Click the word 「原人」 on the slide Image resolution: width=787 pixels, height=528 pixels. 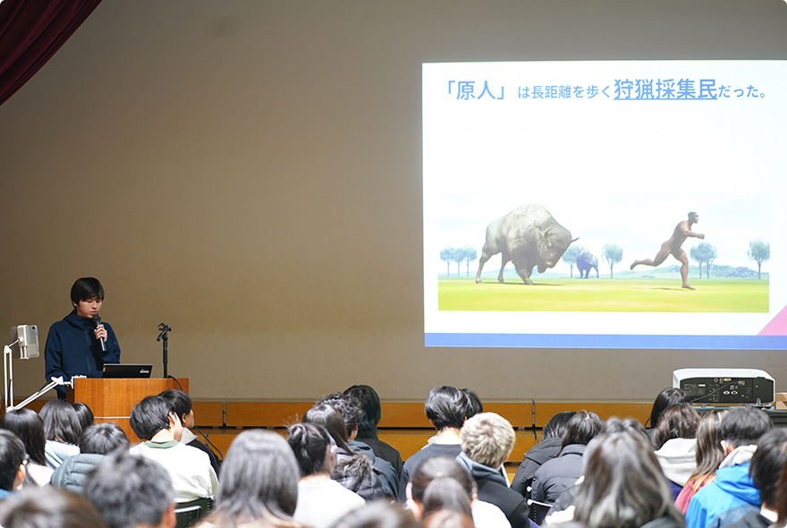click(475, 91)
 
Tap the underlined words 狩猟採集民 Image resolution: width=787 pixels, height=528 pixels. click(665, 89)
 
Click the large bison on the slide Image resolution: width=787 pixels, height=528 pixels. click(525, 243)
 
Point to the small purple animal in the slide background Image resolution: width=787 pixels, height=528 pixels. click(587, 265)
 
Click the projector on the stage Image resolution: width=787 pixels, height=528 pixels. click(724, 387)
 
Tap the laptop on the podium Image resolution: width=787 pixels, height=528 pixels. click(126, 370)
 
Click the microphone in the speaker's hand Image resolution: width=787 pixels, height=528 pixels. click(99, 332)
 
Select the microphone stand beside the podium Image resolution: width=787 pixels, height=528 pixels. click(165, 350)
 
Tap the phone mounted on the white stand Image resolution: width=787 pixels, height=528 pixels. click(28, 342)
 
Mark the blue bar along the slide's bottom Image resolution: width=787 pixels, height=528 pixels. click(605, 341)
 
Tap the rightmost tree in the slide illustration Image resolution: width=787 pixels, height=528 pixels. click(758, 257)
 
